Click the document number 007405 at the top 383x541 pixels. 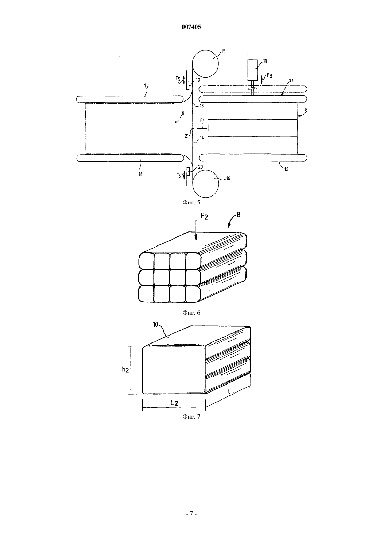click(x=191, y=27)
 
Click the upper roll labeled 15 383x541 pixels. click(x=205, y=64)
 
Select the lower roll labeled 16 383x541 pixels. click(x=205, y=183)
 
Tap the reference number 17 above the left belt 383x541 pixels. click(x=146, y=86)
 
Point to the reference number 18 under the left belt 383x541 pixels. click(x=140, y=174)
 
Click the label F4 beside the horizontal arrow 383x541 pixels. click(x=203, y=121)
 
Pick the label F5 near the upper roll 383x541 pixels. click(x=178, y=78)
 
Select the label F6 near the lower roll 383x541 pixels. click(x=179, y=176)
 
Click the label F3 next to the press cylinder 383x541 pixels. click(x=269, y=75)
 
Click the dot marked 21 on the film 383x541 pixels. click(x=193, y=129)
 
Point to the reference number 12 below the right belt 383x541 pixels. click(x=286, y=169)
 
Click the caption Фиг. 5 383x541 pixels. click(x=191, y=202)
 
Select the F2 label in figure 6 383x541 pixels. click(x=204, y=216)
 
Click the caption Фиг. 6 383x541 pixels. click(x=191, y=313)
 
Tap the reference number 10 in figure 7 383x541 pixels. click(x=155, y=324)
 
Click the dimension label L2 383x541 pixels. click(x=174, y=403)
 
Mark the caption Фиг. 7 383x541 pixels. click(x=191, y=417)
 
